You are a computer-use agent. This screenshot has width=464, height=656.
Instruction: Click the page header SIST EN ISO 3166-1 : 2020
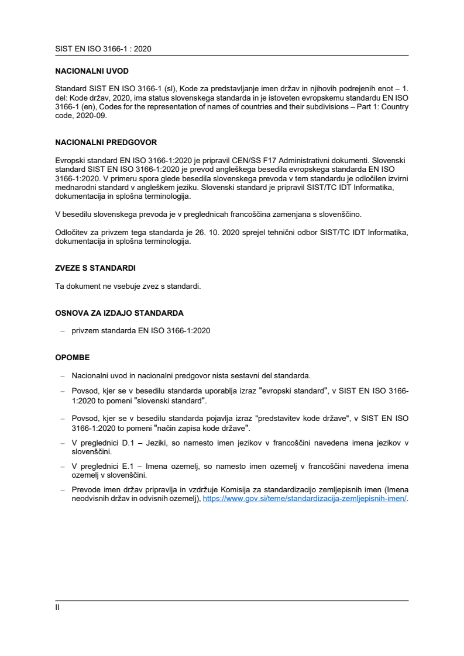(103, 49)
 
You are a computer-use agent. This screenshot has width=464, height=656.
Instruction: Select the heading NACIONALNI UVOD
(92, 71)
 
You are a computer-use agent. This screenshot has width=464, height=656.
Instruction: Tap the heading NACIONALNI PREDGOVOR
(106, 142)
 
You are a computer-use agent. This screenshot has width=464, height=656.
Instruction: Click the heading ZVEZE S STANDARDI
(95, 268)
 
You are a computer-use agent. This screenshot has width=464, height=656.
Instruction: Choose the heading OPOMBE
(73, 357)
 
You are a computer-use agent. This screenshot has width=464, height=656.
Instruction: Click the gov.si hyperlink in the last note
(304, 499)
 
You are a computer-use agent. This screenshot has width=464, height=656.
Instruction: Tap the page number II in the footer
(57, 607)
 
